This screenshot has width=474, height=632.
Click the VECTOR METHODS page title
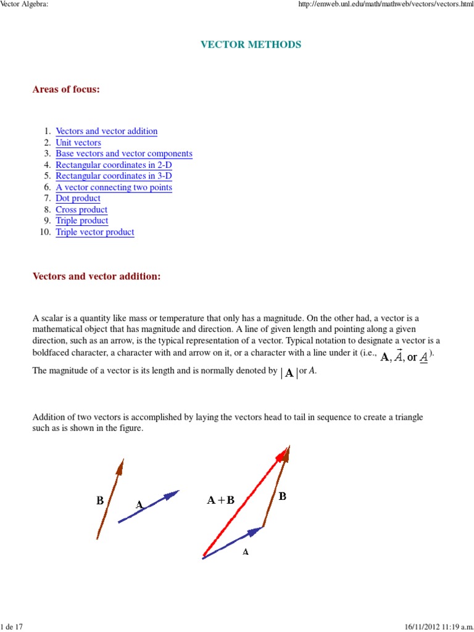(251, 44)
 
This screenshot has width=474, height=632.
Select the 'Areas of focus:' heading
(66, 89)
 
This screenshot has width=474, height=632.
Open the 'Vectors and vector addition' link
(106, 131)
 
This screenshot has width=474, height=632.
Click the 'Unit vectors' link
(78, 143)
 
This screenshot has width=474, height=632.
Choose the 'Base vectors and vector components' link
(124, 154)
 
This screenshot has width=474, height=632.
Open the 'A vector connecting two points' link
(114, 187)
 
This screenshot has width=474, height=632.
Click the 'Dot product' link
(78, 198)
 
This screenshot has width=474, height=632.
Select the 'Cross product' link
(81, 210)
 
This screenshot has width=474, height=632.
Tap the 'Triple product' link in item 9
(81, 220)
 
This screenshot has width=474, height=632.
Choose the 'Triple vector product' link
(94, 232)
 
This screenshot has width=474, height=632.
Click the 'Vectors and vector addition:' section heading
(96, 276)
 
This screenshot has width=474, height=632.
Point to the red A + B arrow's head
(283, 454)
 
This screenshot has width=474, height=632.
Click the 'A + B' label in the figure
(220, 500)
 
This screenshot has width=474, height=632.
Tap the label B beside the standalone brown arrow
(99, 501)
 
